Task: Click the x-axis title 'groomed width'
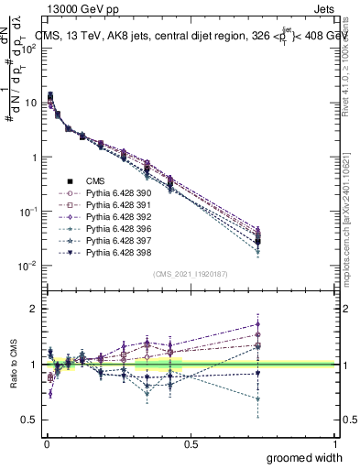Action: pyautogui.click(x=304, y=457)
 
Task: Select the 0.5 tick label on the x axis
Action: pyautogui.click(x=191, y=444)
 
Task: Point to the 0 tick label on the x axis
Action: pyautogui.click(x=46, y=444)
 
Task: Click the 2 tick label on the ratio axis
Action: pyautogui.click(x=31, y=310)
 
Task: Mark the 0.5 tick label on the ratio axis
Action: pyautogui.click(x=27, y=419)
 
